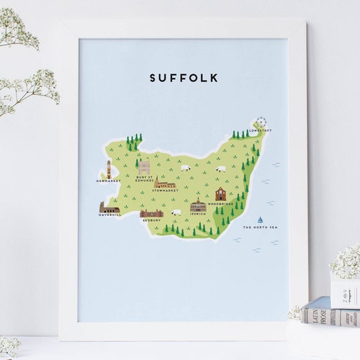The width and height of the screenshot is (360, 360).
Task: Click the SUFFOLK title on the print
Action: pyautogui.click(x=184, y=78)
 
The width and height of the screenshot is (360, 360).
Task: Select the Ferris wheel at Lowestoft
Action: pyautogui.click(x=261, y=123)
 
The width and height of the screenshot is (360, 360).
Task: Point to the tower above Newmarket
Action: pyautogui.click(x=109, y=170)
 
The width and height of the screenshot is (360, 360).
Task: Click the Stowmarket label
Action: pyautogui.click(x=164, y=191)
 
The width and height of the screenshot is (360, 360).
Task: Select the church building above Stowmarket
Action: pyautogui.click(x=164, y=183)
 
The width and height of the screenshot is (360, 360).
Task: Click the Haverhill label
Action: pyautogui.click(x=110, y=215)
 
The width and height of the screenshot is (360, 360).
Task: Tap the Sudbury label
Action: pyautogui.click(x=151, y=220)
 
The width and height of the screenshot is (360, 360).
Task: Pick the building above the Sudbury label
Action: pyautogui.click(x=151, y=213)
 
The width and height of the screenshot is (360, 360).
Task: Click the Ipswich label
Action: pyautogui.click(x=198, y=214)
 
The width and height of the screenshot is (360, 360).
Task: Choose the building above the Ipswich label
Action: pyautogui.click(x=198, y=205)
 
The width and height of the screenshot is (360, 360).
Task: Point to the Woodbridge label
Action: pyautogui.click(x=220, y=204)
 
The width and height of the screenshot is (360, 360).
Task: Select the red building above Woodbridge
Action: pyautogui.click(x=220, y=194)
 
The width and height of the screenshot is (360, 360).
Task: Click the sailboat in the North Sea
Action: pyautogui.click(x=260, y=219)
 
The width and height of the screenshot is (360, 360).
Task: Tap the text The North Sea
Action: pyautogui.click(x=260, y=228)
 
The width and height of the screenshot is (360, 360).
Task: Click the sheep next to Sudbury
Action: pyautogui.click(x=176, y=213)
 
